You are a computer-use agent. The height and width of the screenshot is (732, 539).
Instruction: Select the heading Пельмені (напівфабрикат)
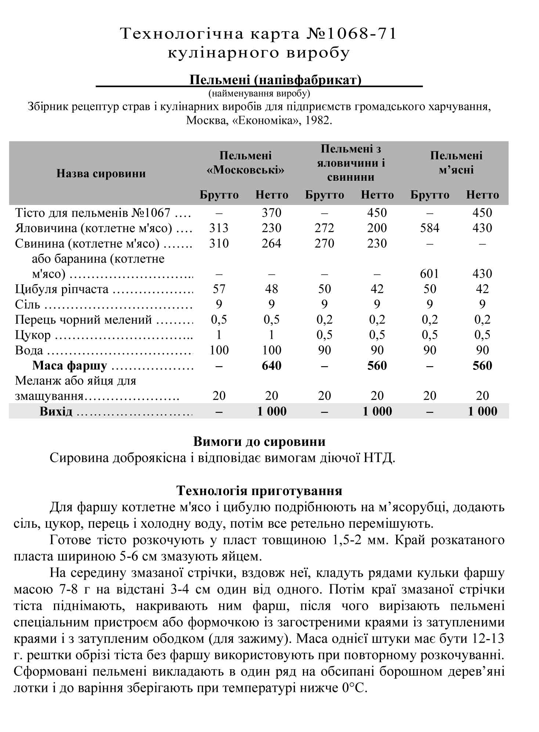[275, 80]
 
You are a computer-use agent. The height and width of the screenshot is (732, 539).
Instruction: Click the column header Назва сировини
[101, 173]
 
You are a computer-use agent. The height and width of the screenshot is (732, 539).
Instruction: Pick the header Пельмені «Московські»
[246, 163]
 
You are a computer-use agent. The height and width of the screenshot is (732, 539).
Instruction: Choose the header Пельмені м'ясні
[456, 163]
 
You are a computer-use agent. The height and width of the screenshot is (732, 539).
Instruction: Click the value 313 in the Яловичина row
[219, 228]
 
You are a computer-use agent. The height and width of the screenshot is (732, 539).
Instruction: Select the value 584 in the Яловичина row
[430, 228]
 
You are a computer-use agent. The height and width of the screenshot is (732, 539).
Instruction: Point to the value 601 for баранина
[430, 274]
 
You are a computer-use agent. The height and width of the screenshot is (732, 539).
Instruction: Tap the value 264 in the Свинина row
[271, 244]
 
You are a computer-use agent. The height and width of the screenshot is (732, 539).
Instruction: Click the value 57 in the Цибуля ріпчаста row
[219, 289]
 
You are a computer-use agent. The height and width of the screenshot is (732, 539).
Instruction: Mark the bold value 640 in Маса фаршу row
[271, 366]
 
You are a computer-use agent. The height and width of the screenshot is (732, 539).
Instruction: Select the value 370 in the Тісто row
[271, 213]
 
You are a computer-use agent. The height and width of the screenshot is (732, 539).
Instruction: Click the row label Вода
[29, 350]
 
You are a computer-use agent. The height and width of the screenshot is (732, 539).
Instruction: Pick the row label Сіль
[27, 304]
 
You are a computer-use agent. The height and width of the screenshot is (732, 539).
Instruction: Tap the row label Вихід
[56, 411]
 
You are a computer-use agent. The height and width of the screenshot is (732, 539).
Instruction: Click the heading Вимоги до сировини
[259, 441]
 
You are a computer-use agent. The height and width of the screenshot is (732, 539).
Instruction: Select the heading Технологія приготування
[259, 491]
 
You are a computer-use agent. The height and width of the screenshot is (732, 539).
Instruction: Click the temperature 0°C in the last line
[354, 688]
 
